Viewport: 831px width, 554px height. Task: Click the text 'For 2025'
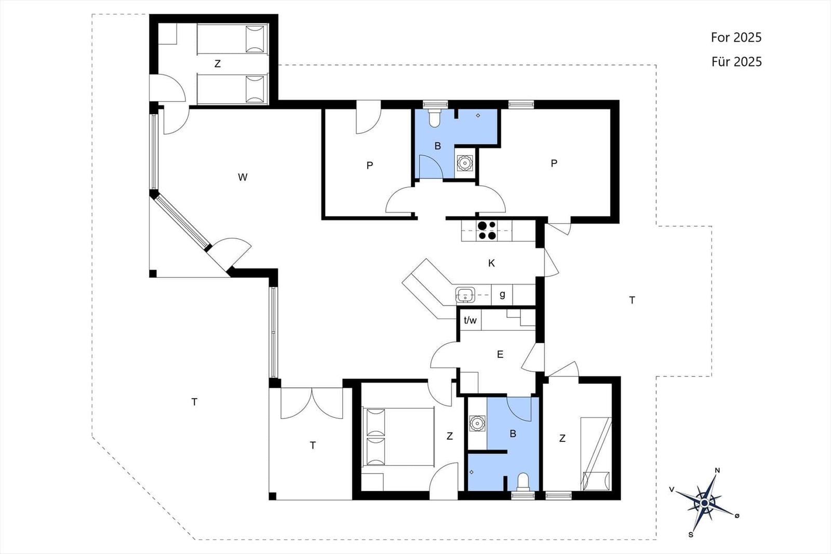pyautogui.click(x=736, y=37)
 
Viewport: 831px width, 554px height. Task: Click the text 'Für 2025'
pyautogui.click(x=736, y=62)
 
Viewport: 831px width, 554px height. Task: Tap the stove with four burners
pyautogui.click(x=487, y=231)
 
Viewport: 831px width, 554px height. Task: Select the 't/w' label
pyautogui.click(x=470, y=320)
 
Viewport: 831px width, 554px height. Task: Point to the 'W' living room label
pyautogui.click(x=243, y=177)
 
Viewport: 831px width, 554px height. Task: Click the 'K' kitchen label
pyautogui.click(x=491, y=263)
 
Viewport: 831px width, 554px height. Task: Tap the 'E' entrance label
pyautogui.click(x=500, y=355)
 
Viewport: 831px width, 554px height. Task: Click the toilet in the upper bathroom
pyautogui.click(x=434, y=117)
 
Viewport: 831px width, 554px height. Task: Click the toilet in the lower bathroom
pyautogui.click(x=522, y=482)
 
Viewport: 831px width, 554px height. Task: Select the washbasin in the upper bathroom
pyautogui.click(x=464, y=163)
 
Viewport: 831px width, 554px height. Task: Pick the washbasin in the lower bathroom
pyautogui.click(x=477, y=424)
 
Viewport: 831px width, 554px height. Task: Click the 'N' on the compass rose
pyautogui.click(x=717, y=470)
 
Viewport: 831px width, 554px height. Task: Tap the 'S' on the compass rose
pyautogui.click(x=691, y=535)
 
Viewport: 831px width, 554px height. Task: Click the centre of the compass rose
pyautogui.click(x=704, y=503)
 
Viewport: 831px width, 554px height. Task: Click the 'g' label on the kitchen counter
pyautogui.click(x=502, y=295)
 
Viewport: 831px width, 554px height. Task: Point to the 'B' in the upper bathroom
pyautogui.click(x=438, y=146)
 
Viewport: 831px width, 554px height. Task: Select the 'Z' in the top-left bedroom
pyautogui.click(x=218, y=64)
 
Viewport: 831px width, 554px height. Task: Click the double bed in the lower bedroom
pyautogui.click(x=398, y=437)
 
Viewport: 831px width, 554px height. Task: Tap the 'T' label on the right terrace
pyautogui.click(x=632, y=300)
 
